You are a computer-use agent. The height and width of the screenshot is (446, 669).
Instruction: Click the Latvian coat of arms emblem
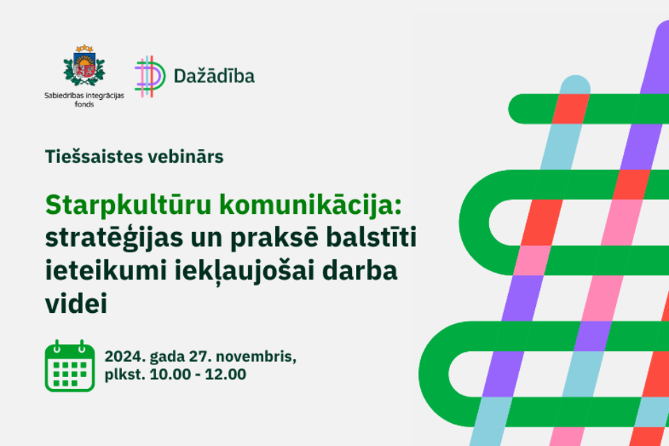point(84,66)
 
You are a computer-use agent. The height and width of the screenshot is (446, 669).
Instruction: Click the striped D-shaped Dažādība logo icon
point(150,77)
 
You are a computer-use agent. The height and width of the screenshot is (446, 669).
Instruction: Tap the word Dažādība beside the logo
point(214,76)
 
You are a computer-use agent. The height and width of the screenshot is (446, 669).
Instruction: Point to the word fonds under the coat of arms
point(84,104)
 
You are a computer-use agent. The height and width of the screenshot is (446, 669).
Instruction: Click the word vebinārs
point(184,157)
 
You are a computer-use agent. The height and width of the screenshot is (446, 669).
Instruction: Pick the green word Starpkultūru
point(128,206)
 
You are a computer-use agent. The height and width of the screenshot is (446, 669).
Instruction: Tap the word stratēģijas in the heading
point(114,238)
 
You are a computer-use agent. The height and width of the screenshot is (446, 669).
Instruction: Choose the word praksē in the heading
point(275,238)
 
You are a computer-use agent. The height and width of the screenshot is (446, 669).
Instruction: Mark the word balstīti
point(371,238)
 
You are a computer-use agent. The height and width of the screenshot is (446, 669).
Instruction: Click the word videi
point(76,303)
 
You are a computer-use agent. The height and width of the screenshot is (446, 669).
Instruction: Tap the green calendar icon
point(70,366)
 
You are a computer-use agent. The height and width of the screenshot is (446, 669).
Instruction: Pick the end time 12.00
point(225,374)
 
